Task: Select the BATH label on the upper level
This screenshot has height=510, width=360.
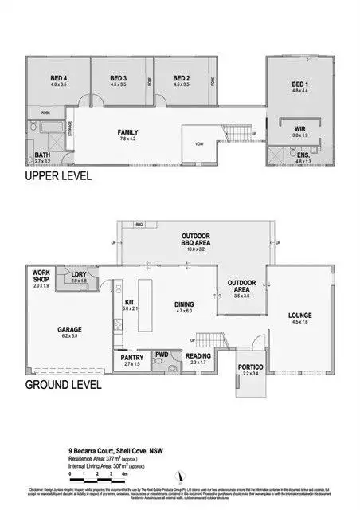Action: tap(41, 156)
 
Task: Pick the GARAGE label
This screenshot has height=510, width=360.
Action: tap(69, 331)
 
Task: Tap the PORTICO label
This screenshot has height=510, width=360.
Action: tap(250, 369)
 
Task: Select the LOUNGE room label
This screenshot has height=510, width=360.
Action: tap(299, 317)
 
